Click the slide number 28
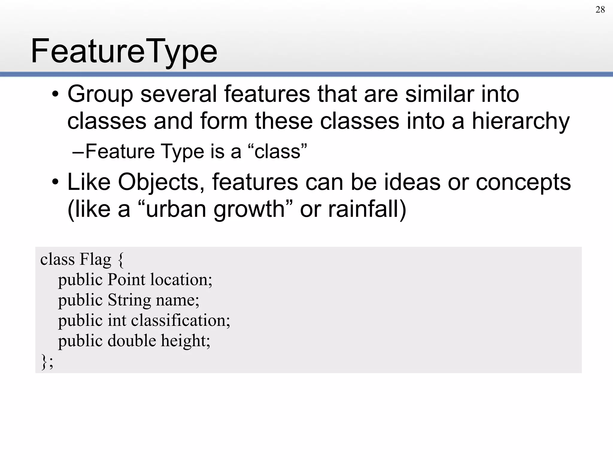coord(600,10)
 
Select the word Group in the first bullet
coord(100,94)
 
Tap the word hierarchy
coord(521,121)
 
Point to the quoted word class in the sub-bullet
coord(277,152)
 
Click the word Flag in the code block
coord(95,259)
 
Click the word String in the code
coord(129,300)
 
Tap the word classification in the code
coord(180,320)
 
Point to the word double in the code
coord(132,341)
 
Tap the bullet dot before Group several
coord(55,94)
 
